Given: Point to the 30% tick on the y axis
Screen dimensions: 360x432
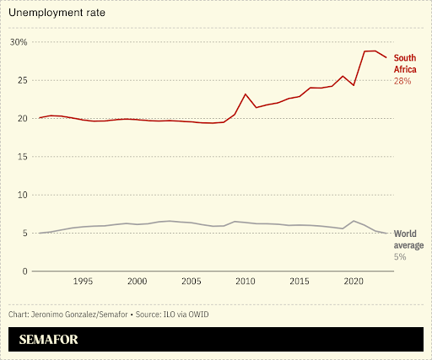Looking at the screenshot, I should coord(18,42).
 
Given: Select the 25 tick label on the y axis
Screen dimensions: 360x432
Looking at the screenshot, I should coord(21,80).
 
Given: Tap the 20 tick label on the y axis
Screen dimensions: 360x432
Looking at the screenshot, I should coord(21,118).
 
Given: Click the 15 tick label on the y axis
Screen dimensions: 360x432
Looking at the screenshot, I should coord(21,157).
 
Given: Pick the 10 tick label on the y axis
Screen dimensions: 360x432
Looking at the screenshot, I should coord(21,195).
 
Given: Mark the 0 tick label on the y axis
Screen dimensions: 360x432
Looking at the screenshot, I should coord(24,271).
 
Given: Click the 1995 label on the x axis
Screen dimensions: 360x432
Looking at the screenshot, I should coord(83,282).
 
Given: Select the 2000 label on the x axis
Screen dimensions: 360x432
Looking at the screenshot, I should coord(137,282).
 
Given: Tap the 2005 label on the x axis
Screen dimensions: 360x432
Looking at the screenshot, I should coord(191,282).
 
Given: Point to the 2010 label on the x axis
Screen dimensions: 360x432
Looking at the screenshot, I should coord(246,282).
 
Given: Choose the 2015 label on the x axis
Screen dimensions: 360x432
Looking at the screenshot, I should coord(300,282).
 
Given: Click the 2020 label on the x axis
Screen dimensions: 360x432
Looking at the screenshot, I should coord(354,282).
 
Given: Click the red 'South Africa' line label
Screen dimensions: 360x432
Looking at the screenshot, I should coord(405,63).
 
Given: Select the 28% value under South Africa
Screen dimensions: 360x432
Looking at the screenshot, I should coord(402,81).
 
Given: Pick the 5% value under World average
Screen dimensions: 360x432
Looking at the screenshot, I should coord(399,255).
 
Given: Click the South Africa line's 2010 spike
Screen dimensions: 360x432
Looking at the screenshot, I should coord(246,94).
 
